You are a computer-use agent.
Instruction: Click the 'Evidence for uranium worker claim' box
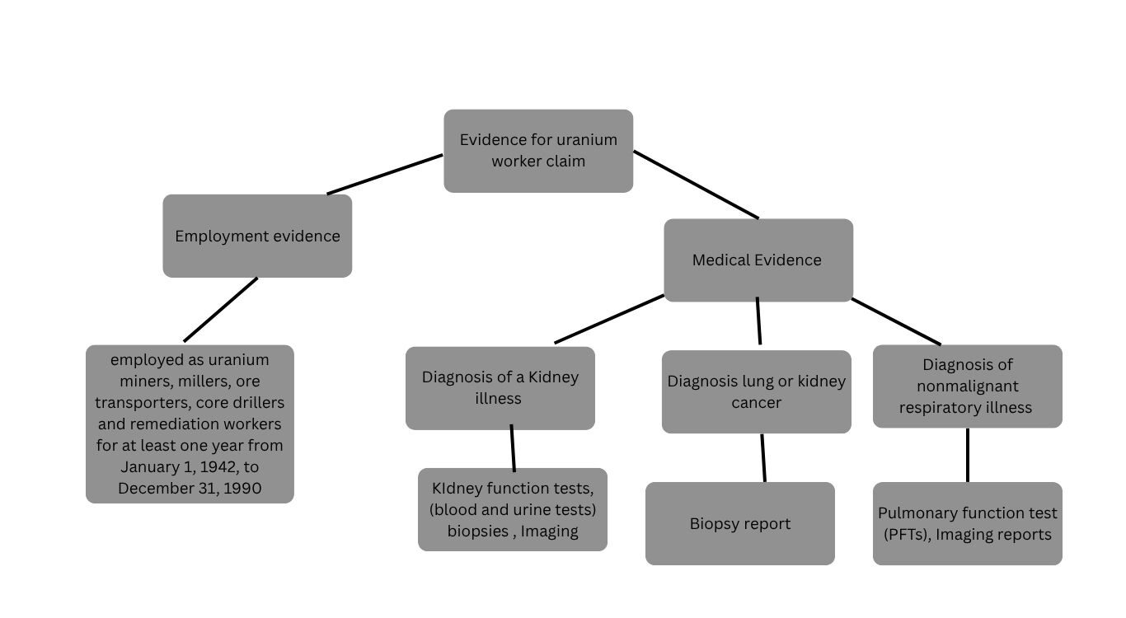tap(538, 151)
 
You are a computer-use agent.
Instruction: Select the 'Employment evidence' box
tap(257, 236)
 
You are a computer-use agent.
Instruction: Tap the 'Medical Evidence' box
tap(758, 260)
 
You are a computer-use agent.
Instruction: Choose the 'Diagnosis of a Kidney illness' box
tap(500, 387)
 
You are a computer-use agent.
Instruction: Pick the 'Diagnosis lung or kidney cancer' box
tap(756, 391)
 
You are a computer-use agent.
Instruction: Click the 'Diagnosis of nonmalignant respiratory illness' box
tap(967, 386)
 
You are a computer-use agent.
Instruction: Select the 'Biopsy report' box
tap(739, 523)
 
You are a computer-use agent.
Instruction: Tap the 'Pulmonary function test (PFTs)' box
tap(967, 523)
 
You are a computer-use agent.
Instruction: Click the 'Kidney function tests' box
tap(512, 509)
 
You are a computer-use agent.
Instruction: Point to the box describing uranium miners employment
tap(190, 424)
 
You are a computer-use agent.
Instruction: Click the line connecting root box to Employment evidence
tap(385, 174)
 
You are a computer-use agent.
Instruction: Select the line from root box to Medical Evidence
tap(696, 185)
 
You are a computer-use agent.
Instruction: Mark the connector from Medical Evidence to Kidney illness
tap(609, 319)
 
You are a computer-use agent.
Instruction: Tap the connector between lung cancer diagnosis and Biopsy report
tap(763, 457)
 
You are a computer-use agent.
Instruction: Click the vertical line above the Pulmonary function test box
tap(967, 455)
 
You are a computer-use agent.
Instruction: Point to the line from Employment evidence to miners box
tap(220, 309)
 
